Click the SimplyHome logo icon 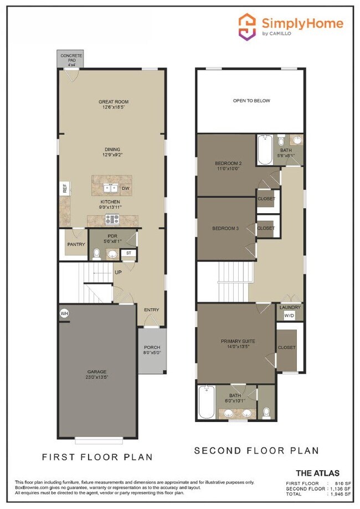point(247,26)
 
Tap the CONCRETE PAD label point(71,59)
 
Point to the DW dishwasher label point(126,189)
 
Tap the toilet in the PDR point(97,254)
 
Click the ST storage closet point(128,253)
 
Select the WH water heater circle point(64,313)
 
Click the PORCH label point(152,347)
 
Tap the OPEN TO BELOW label point(251,101)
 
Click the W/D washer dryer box point(289,316)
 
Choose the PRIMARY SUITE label point(238,341)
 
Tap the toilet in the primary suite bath point(266,412)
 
